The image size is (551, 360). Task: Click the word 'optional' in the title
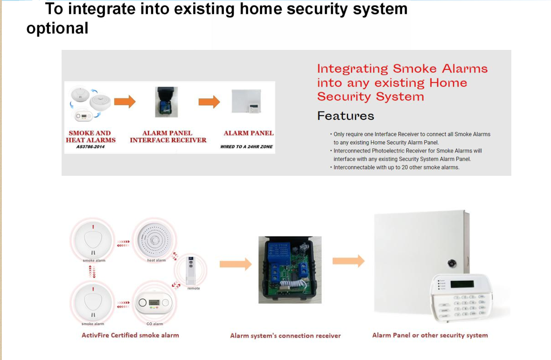click(x=57, y=28)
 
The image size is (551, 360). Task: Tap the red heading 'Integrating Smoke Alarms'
click(x=402, y=69)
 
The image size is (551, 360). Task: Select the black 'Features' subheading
click(x=345, y=116)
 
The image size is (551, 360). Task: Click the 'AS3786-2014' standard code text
click(x=90, y=147)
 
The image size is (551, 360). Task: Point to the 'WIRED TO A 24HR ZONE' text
click(x=246, y=147)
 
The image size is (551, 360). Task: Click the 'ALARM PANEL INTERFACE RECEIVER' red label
click(x=167, y=136)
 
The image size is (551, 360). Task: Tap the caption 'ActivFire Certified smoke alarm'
click(x=130, y=335)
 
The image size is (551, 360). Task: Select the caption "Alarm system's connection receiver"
click(x=285, y=335)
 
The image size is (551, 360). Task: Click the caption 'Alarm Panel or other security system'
click(x=430, y=335)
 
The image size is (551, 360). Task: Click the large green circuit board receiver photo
click(x=290, y=270)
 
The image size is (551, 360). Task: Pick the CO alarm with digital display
click(x=154, y=303)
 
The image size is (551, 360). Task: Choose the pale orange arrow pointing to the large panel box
click(x=349, y=261)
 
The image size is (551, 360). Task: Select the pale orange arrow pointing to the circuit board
click(x=236, y=264)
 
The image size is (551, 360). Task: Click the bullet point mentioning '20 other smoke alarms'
click(x=396, y=167)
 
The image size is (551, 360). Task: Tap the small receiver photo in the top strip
click(x=166, y=102)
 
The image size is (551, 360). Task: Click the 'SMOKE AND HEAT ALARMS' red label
click(x=91, y=136)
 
